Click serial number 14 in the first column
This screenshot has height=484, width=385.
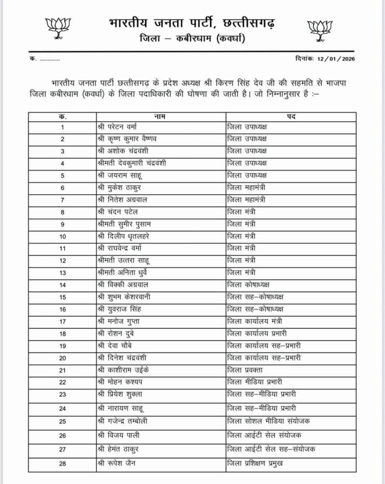point(63,285)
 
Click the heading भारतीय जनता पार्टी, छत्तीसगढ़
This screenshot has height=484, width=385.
point(191,23)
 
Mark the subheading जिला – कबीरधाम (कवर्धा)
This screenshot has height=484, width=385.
point(192,39)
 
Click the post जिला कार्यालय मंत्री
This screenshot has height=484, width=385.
point(255,322)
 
